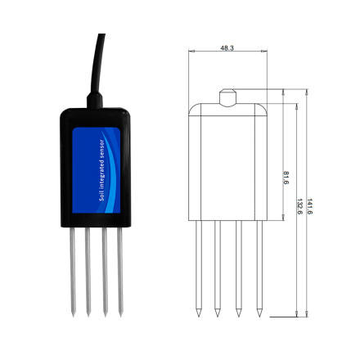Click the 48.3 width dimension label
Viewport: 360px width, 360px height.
click(x=227, y=48)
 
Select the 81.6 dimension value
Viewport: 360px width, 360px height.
click(x=286, y=178)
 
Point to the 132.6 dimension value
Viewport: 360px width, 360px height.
click(x=299, y=206)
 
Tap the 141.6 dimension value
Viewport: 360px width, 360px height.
click(x=309, y=206)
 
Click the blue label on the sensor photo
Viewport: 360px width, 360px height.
click(x=97, y=170)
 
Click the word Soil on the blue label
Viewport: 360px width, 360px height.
click(x=102, y=196)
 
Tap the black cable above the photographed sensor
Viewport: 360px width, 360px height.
click(x=97, y=64)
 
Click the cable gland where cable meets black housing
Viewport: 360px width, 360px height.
click(x=95, y=100)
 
